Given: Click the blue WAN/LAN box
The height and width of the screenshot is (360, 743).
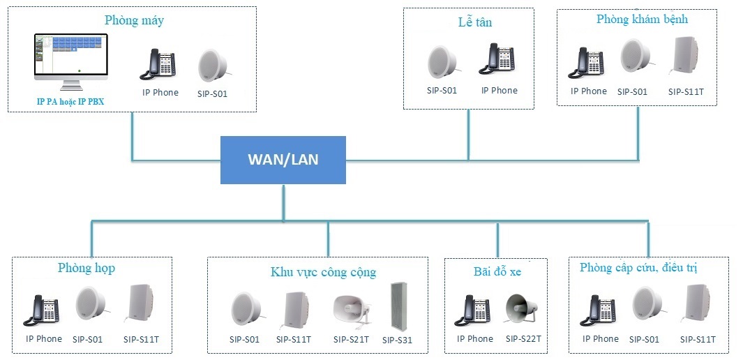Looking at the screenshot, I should coord(283,160).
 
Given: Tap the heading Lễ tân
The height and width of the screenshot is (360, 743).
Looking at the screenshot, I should coord(470,22).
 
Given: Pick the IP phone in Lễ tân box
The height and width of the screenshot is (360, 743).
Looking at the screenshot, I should coord(496,61).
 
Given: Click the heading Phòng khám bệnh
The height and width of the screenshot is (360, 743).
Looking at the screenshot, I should coord(642,20).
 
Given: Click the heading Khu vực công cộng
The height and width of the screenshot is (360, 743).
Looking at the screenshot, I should coord(323,272).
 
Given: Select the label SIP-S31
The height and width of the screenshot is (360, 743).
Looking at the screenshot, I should coord(397,340).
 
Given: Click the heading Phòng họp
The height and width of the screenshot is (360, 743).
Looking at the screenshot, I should coord(87,268).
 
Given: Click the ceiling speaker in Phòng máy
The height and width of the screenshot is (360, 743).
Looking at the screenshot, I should coord(213,67).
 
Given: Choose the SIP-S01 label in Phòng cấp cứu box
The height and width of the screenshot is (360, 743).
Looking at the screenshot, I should coord(644,339).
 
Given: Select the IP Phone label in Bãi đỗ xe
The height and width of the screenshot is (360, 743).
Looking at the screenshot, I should coord(475,339).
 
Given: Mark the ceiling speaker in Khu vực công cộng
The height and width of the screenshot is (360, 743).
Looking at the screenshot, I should coord(246,311).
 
